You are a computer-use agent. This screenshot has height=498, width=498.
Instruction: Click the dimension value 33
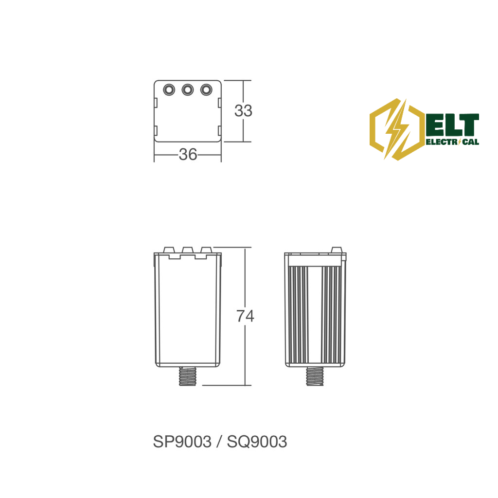point(243,111)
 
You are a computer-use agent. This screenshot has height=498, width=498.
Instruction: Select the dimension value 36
point(188,155)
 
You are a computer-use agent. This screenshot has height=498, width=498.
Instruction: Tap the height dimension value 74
point(245,316)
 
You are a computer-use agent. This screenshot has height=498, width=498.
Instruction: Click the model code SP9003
point(182,442)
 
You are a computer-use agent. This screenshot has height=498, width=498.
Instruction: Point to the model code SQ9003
point(257,442)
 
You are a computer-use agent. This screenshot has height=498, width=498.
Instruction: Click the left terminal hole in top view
point(169,90)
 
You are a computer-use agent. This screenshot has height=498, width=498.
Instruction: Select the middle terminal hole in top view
point(188,90)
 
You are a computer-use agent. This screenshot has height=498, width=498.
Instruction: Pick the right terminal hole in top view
point(206,90)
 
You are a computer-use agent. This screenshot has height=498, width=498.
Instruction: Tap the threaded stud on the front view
point(188,376)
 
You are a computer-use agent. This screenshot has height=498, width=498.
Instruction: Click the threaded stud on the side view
point(315,376)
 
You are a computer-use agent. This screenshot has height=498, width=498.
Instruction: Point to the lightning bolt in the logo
point(396,129)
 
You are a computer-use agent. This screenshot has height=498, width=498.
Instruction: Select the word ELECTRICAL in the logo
point(452,142)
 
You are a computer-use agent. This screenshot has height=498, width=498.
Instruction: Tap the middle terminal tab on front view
point(188,249)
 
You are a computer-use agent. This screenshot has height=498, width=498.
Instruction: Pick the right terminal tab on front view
point(206,249)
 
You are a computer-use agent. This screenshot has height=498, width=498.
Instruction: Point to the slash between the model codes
point(219,442)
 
